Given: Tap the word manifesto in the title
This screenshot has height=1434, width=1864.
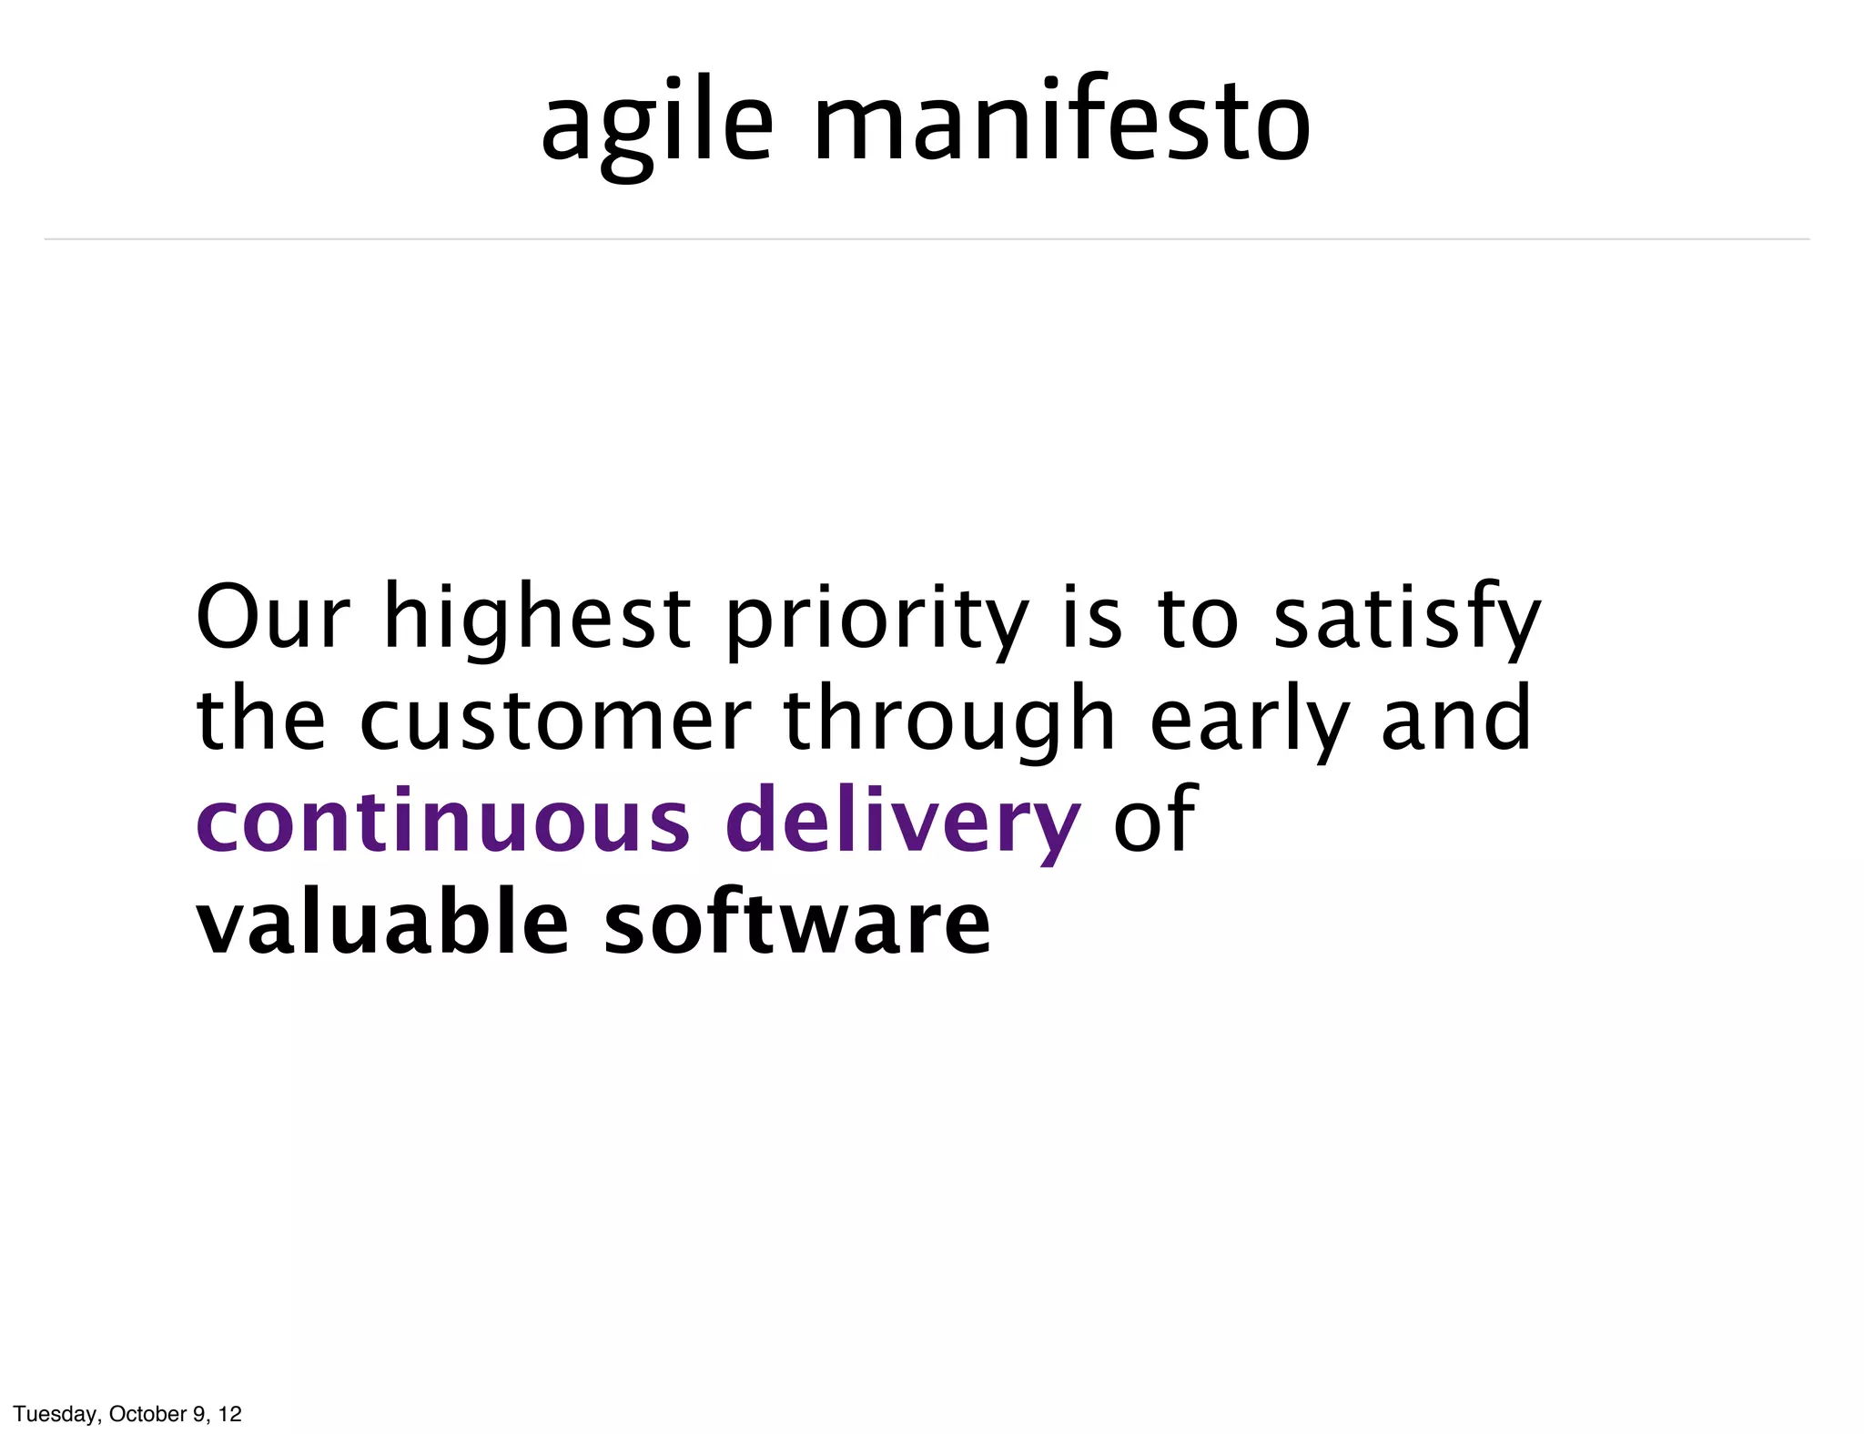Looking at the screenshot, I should tap(1061, 122).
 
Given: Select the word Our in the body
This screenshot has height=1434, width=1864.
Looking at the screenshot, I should tap(272, 618).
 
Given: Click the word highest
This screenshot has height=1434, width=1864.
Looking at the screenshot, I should tap(538, 618).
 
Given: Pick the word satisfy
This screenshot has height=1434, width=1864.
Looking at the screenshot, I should tap(1406, 618).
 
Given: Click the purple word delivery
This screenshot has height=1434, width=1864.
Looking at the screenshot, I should tap(903, 822).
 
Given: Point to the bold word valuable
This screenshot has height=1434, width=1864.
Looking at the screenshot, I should tap(382, 924).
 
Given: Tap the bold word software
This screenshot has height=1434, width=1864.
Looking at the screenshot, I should tap(797, 924).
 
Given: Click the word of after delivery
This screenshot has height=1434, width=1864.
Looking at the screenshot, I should tap(1153, 822).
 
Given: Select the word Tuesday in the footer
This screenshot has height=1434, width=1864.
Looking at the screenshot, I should tap(56, 1414).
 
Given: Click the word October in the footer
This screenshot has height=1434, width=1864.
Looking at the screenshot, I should tap(147, 1414).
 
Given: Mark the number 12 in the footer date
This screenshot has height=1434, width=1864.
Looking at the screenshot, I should tap(230, 1414).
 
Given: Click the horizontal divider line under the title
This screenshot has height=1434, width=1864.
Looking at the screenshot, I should tap(927, 239).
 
